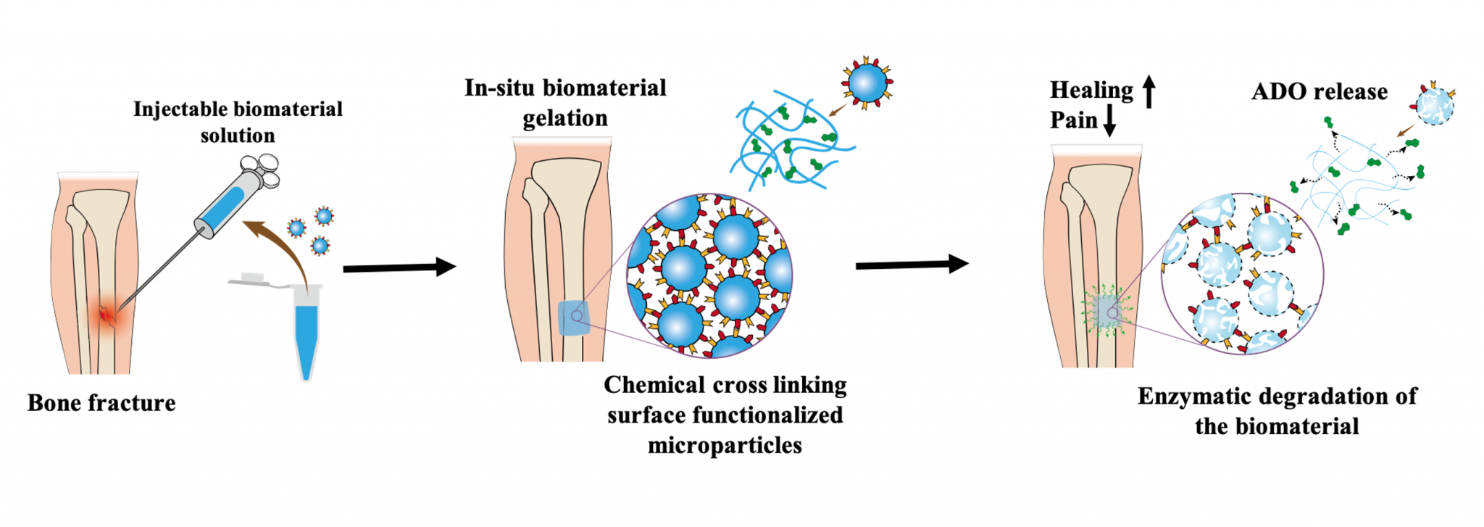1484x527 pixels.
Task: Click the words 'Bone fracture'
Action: (101, 403)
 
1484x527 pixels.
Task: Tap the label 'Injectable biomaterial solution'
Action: (238, 122)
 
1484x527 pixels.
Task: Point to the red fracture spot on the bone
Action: (108, 316)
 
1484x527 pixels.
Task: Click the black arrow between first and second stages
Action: (399, 267)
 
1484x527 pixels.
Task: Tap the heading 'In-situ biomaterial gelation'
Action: (565, 103)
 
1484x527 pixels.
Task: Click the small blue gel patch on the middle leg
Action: (575, 318)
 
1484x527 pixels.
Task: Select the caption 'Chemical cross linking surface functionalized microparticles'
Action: (725, 415)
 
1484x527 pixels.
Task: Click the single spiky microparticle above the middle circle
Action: (867, 84)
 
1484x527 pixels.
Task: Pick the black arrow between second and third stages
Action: (912, 265)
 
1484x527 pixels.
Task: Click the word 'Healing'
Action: (1091, 90)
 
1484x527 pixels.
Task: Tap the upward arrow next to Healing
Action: (1149, 92)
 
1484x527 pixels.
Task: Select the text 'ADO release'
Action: (1320, 92)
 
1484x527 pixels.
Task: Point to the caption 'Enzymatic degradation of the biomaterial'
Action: (1277, 411)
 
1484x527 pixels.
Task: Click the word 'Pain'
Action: (1073, 120)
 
